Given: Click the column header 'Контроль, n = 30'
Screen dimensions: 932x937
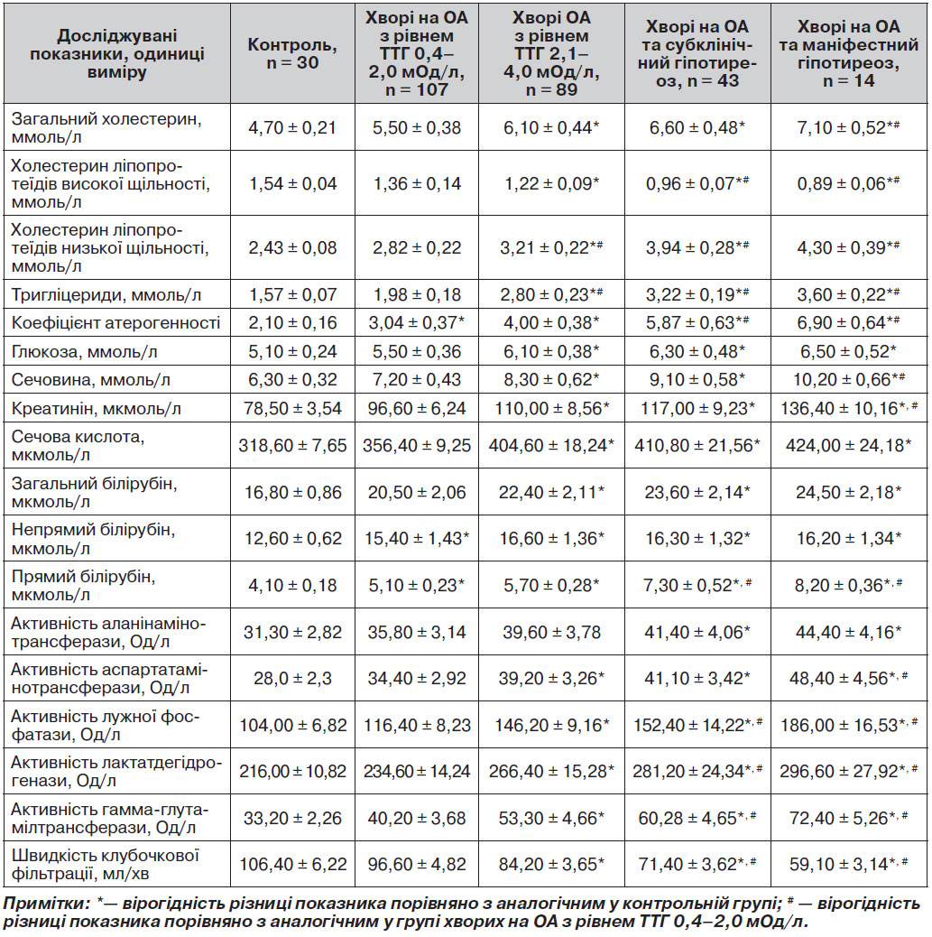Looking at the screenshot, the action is click(292, 53).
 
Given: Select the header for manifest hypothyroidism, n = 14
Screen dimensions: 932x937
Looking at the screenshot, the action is click(848, 53).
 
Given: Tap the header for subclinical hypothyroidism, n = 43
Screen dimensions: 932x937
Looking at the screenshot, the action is click(697, 53).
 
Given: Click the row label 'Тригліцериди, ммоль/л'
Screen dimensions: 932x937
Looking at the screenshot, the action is click(106, 294).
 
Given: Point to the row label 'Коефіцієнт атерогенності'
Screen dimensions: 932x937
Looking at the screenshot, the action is click(115, 323).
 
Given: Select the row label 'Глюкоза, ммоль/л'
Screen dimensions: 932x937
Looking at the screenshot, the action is click(84, 352).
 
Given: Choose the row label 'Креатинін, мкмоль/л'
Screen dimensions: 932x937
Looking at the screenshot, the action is click(97, 409).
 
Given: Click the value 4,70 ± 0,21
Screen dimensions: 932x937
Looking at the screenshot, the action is click(292, 127).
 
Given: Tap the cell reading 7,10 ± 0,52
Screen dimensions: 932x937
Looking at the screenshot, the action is click(848, 127).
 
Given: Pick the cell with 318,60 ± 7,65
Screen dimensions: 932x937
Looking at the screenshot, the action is click(292, 445).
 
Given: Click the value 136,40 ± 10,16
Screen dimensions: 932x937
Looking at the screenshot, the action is click(848, 409).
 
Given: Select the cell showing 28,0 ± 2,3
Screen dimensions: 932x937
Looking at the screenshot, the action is click(292, 678).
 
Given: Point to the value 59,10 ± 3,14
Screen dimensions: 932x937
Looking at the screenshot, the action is click(848, 864).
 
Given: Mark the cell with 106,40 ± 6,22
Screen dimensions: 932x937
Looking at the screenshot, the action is click(292, 864).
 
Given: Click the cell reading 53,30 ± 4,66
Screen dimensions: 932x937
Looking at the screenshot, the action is click(551, 818).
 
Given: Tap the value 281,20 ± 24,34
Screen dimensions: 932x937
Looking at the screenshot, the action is click(697, 771).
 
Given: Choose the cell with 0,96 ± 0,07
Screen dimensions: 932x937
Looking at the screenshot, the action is click(697, 183).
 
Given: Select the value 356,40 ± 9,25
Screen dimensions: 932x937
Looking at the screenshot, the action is click(417, 445).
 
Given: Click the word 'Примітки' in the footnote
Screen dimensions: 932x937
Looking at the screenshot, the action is click(42, 903).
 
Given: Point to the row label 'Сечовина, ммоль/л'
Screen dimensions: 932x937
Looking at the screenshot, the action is click(91, 380).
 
